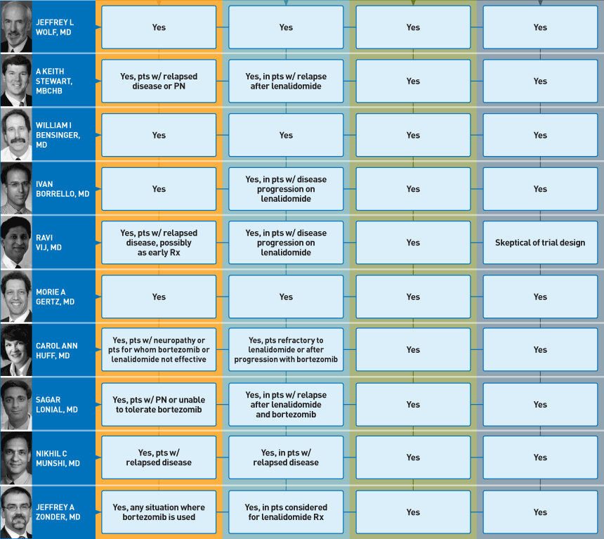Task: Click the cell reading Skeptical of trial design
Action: click(x=540, y=242)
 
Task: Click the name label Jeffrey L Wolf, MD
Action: click(x=55, y=27)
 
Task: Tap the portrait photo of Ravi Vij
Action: click(x=16, y=242)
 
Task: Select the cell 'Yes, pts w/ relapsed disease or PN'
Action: click(x=159, y=81)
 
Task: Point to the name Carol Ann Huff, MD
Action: click(x=57, y=351)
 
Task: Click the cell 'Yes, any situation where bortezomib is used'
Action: click(x=159, y=512)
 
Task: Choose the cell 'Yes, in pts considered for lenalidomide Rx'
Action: click(x=286, y=512)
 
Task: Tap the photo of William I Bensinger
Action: click(x=16, y=134)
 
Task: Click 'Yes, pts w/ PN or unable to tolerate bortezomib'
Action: click(x=159, y=405)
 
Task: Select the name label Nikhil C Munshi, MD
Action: click(x=58, y=458)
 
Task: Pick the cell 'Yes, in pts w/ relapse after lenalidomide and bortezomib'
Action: click(x=286, y=405)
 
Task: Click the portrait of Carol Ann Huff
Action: click(x=16, y=350)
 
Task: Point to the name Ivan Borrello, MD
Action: click(x=63, y=189)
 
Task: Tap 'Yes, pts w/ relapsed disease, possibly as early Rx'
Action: click(x=159, y=242)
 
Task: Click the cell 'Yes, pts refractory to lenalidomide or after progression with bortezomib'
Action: click(x=286, y=350)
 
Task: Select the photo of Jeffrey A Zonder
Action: click(x=16, y=512)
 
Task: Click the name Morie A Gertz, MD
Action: click(x=55, y=297)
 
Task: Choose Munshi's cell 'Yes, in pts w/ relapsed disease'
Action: click(x=286, y=457)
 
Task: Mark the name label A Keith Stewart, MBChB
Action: click(x=54, y=81)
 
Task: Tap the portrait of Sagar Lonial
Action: click(x=16, y=404)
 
